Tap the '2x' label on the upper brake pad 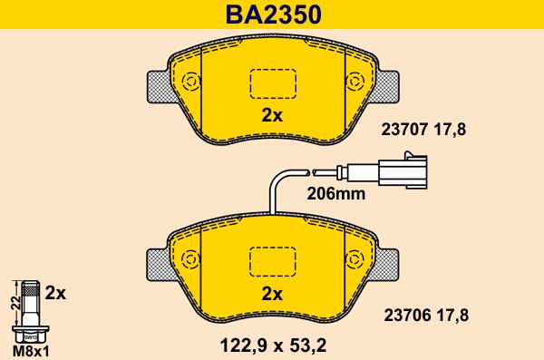pyautogui.click(x=272, y=115)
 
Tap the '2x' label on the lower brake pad pyautogui.click(x=272, y=293)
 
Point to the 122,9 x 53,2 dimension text pyautogui.click(x=272, y=344)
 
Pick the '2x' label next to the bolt pyautogui.click(x=56, y=293)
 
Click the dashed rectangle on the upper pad pyautogui.click(x=272, y=83)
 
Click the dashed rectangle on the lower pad pyautogui.click(x=272, y=261)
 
